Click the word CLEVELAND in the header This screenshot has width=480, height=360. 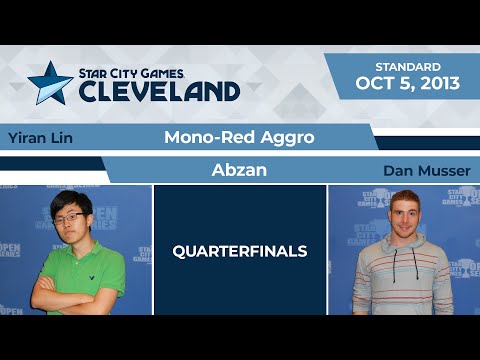(x=159, y=91)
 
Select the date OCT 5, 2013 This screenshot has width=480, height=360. (x=408, y=83)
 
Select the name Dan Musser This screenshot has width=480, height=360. (x=425, y=171)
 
